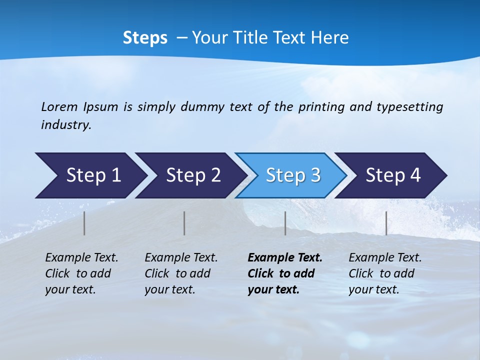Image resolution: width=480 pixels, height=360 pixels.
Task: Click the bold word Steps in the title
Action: click(145, 37)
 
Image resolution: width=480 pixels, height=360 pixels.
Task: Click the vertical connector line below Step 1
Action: click(84, 223)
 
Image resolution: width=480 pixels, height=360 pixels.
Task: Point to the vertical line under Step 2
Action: click(184, 223)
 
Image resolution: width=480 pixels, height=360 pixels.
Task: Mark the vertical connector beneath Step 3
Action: click(285, 223)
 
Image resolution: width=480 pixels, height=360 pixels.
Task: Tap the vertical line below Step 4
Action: click(386, 223)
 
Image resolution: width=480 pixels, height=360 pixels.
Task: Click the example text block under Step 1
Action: click(81, 273)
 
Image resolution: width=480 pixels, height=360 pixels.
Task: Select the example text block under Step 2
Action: click(181, 273)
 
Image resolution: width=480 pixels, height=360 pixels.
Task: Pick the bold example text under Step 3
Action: click(285, 273)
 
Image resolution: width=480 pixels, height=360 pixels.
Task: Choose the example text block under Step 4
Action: click(385, 273)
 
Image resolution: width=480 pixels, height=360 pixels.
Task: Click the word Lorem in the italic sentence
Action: click(59, 106)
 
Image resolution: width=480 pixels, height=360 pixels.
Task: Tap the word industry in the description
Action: click(66, 124)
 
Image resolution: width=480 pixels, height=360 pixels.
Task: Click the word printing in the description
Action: click(320, 106)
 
